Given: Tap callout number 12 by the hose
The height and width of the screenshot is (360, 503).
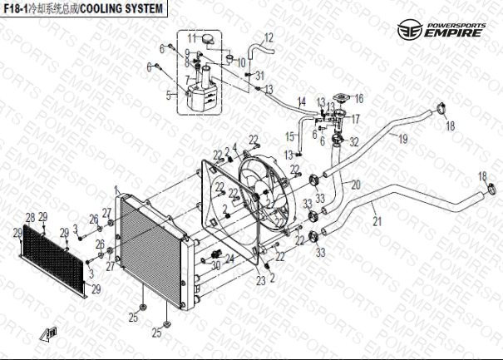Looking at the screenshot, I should click(269, 37).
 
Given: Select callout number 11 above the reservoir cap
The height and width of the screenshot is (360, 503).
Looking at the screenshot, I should click(191, 38).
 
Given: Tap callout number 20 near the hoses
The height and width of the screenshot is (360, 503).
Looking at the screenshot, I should click(355, 185).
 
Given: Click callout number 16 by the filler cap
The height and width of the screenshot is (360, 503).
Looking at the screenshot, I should click(359, 98).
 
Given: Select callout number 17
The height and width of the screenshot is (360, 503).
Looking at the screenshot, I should click(355, 119).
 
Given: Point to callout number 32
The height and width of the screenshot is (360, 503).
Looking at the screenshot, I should click(354, 142).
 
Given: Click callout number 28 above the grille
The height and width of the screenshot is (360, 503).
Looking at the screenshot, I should click(30, 218).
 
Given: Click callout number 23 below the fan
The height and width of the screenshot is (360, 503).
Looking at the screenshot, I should click(261, 280).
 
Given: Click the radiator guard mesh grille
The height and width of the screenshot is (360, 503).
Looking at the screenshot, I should click(54, 255).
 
